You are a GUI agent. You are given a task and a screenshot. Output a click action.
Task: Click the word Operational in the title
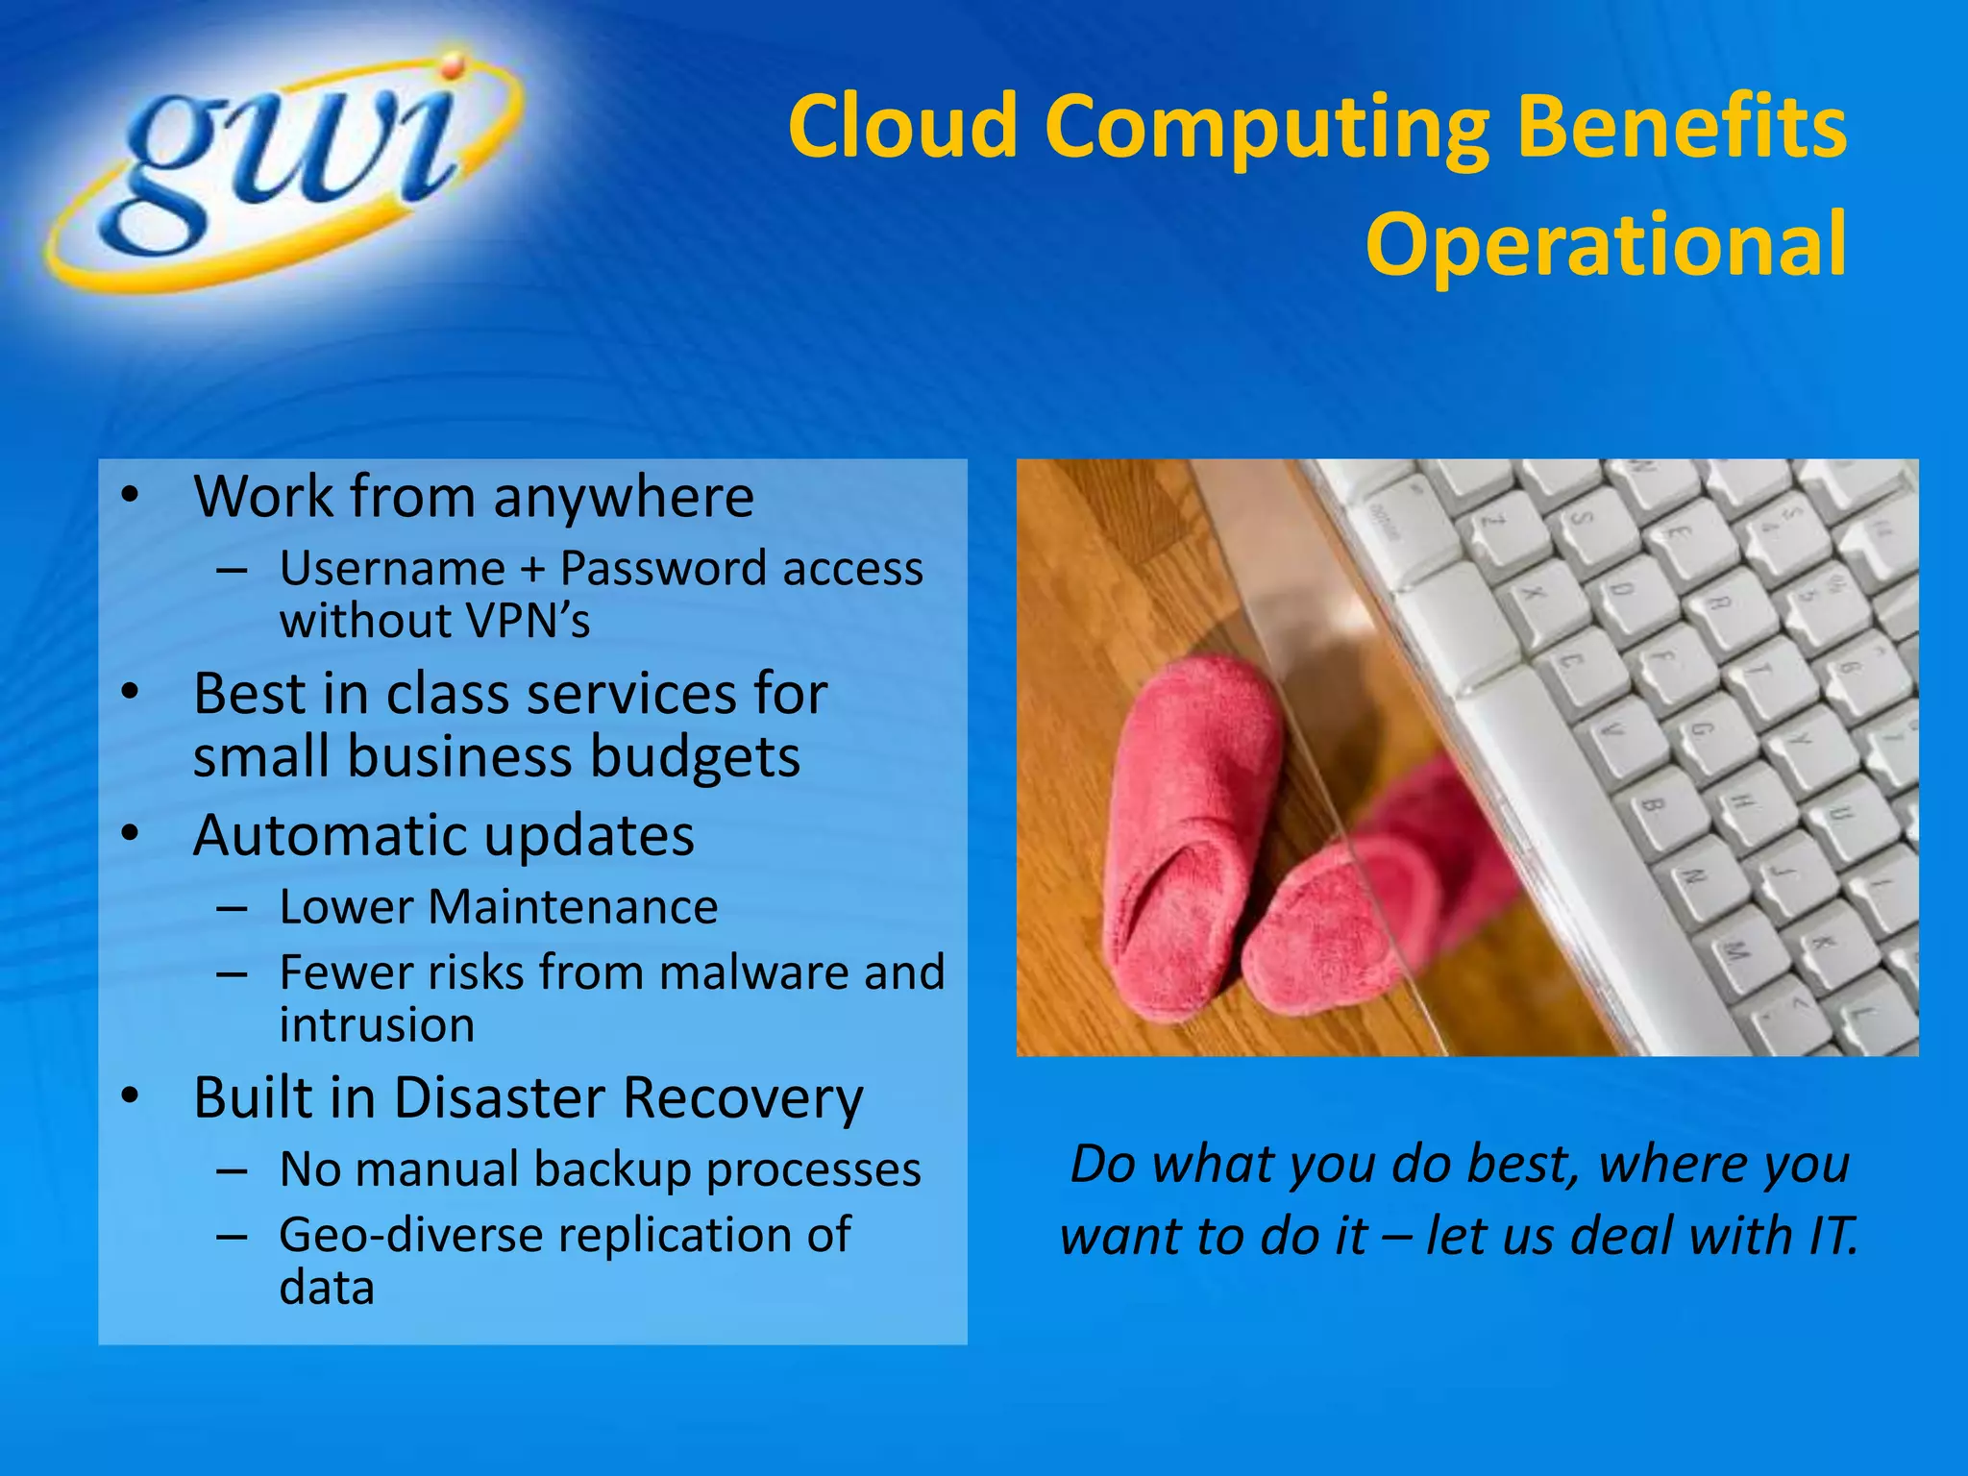pos(1605,245)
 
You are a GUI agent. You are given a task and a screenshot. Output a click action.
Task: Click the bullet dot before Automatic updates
pos(131,834)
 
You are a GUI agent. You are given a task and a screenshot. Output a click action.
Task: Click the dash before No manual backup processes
pos(233,1171)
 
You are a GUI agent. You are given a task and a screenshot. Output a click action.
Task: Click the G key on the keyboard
pos(1696,730)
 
